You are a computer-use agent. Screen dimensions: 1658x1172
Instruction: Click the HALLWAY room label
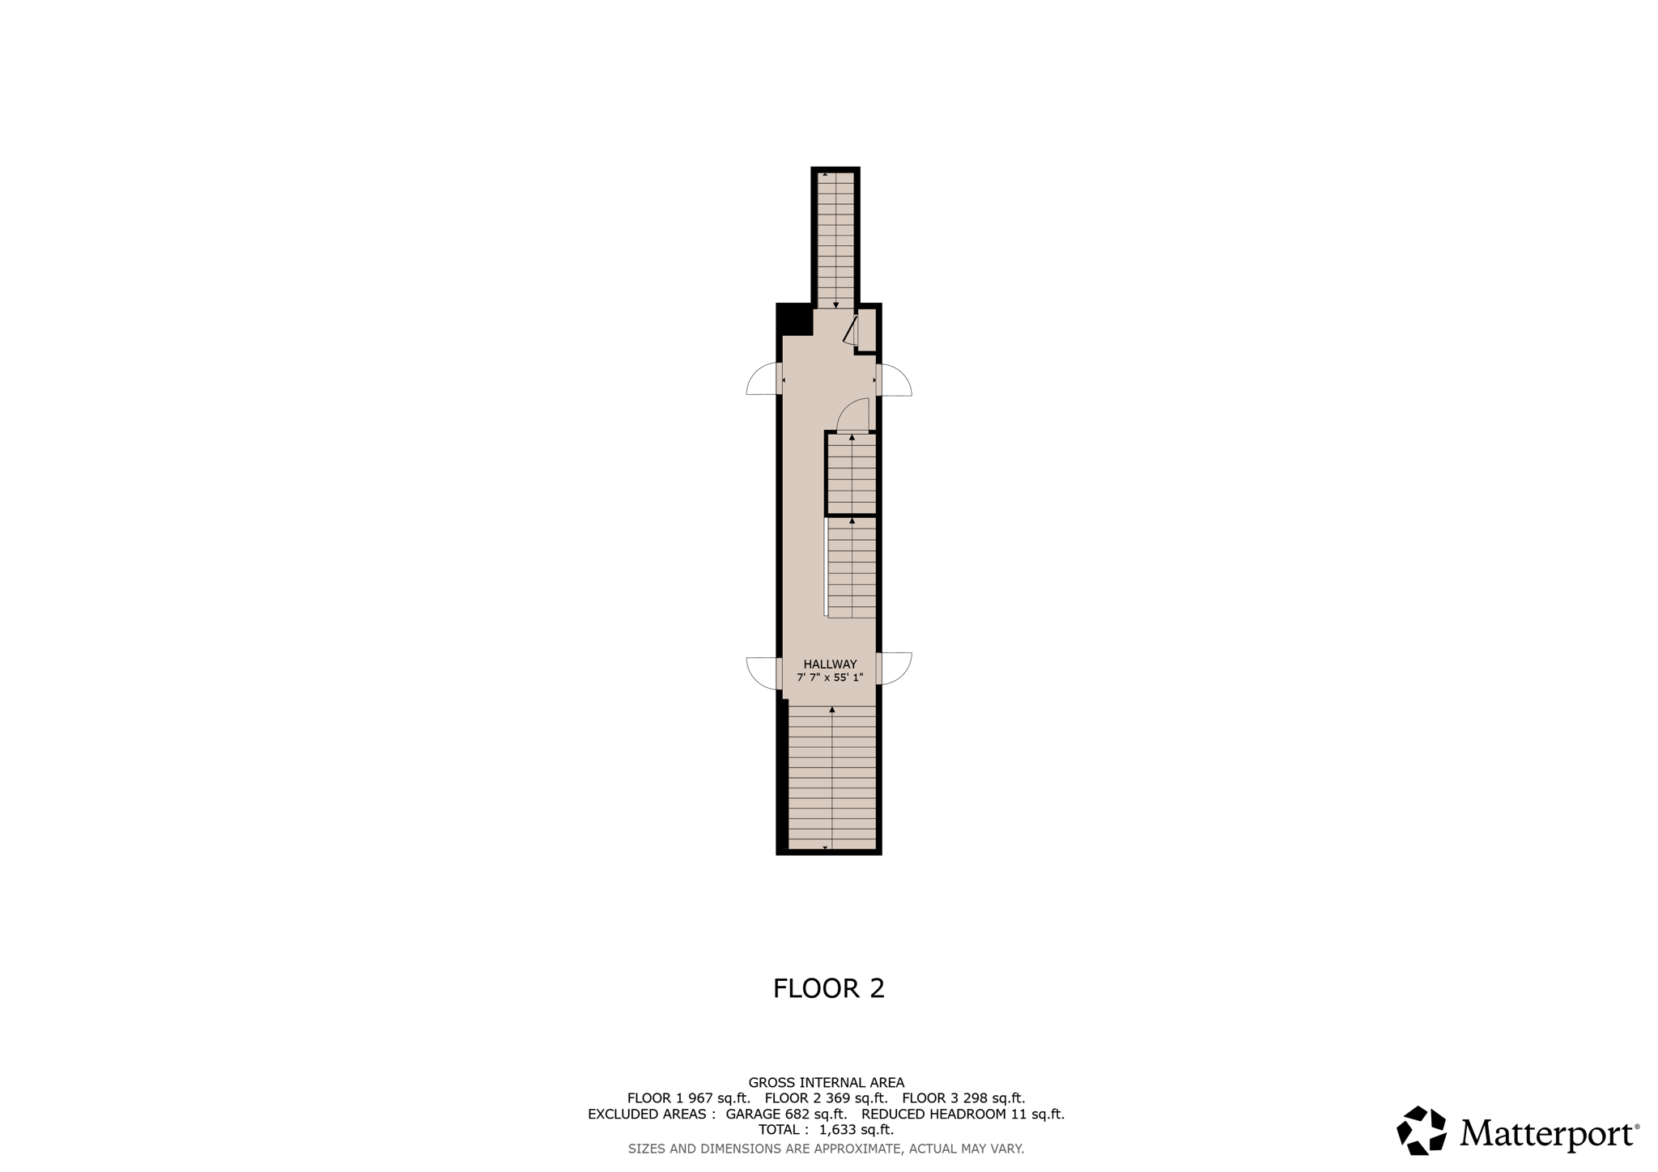click(x=830, y=665)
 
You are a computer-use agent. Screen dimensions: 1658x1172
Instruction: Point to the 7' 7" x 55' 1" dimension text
click(x=830, y=677)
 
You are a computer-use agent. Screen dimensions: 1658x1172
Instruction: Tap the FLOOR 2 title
click(x=829, y=988)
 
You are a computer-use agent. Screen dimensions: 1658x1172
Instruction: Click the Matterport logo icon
click(x=1422, y=1131)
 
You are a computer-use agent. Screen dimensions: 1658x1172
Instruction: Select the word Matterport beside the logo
click(x=1548, y=1133)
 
